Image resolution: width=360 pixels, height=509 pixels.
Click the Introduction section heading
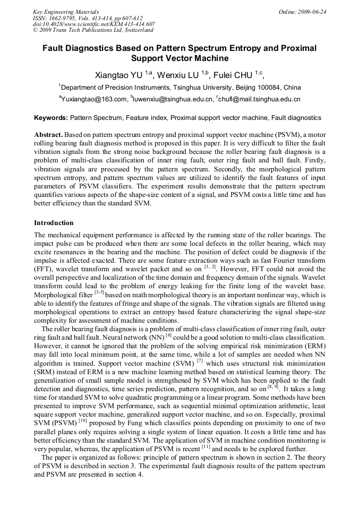tap(54, 223)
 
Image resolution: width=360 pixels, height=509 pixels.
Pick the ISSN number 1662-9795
tap(67, 18)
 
